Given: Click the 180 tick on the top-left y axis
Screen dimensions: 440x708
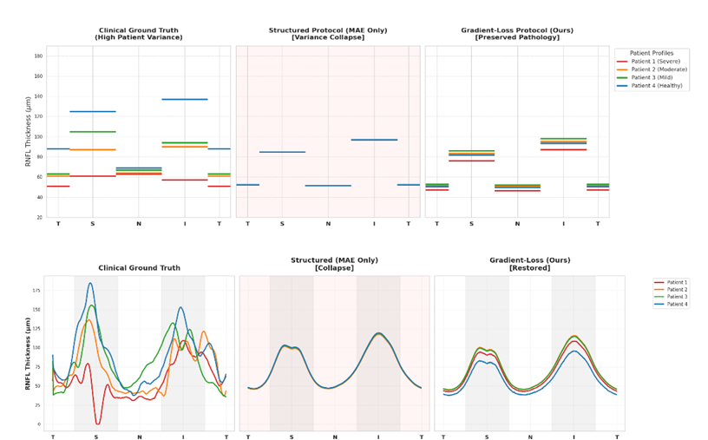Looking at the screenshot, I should coord(37,56).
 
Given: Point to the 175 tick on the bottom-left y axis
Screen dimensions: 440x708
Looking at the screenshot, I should coord(36,291).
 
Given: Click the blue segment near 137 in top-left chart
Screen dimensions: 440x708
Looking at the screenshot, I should coord(184,99).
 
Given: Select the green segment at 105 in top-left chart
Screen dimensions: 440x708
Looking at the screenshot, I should coord(93,132).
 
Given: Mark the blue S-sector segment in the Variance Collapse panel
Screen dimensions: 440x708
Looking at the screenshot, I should coord(282,152).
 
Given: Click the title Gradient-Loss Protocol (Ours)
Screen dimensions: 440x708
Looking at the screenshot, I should coord(516,30).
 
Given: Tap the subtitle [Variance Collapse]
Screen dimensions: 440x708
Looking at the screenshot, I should coord(328,37).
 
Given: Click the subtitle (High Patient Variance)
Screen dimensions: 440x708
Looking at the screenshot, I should coord(138,37).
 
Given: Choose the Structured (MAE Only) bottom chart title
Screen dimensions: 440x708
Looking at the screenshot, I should coord(335,259).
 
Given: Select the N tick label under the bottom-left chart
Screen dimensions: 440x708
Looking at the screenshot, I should coord(140,437).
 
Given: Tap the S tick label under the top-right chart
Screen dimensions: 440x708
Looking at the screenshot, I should coord(471,224).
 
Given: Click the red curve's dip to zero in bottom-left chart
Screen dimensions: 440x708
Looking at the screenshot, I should coord(98,423).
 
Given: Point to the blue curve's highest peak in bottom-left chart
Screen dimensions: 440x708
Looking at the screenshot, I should coord(90,284).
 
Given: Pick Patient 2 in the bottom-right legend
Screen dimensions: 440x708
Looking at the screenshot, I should coord(674,290).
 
